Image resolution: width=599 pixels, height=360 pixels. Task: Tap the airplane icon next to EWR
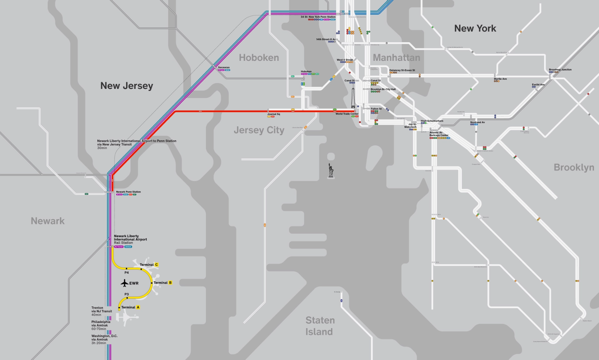[124, 283]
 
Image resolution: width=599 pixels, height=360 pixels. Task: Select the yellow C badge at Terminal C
[157, 265]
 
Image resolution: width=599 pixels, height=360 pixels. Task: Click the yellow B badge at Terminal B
[170, 283]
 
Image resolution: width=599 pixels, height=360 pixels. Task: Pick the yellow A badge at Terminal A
[138, 307]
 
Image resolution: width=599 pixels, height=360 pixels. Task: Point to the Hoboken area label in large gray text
[259, 58]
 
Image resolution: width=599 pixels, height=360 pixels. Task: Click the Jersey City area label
[259, 130]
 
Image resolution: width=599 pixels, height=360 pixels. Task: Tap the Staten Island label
[320, 326]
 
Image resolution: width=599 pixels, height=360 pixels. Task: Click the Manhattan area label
[396, 58]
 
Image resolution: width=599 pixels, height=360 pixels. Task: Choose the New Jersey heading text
[127, 86]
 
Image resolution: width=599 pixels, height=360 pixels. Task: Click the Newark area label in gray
[48, 221]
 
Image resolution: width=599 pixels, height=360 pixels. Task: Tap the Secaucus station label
[224, 67]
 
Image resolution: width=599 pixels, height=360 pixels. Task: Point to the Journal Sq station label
[274, 114]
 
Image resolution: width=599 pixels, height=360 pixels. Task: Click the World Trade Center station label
[347, 114]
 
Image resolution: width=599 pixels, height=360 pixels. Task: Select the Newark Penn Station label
[128, 192]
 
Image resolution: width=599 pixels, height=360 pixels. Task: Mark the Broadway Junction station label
[560, 70]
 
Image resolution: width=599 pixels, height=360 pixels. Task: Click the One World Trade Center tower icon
[353, 98]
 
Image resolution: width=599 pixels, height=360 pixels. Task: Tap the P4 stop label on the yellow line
[127, 273]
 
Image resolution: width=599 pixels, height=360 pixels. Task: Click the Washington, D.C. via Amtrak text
[104, 339]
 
